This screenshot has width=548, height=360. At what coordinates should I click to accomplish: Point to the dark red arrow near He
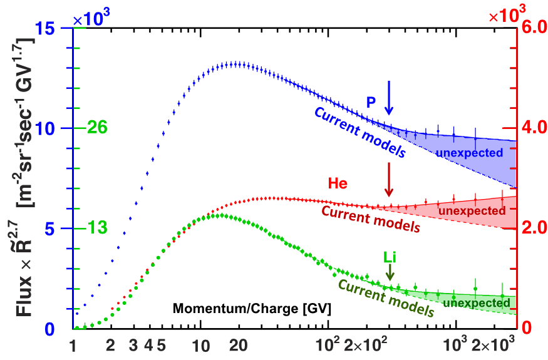point(389,180)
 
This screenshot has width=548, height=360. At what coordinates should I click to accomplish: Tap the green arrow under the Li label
point(390,272)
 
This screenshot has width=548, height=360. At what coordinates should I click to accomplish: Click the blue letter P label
point(371,101)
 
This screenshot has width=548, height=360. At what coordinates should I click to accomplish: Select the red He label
point(338,183)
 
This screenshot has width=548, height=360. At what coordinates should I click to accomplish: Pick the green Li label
point(390,256)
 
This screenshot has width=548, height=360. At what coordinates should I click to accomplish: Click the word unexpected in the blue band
point(470,153)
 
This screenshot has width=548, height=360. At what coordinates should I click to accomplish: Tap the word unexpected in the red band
point(472,211)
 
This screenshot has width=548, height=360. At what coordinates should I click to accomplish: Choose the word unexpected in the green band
point(475,304)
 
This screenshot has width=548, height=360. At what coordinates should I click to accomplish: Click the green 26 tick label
point(98,128)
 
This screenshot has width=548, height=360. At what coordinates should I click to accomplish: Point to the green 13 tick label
point(98,228)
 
